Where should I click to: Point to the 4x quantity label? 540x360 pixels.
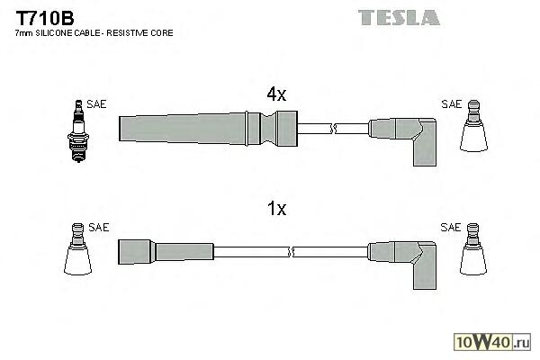[x=275, y=94]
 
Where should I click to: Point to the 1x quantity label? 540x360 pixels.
[x=275, y=209]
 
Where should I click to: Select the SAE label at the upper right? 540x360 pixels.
[x=451, y=104]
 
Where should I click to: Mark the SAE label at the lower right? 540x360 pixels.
[x=451, y=228]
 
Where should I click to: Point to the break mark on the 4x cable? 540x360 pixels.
[x=332, y=128]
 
